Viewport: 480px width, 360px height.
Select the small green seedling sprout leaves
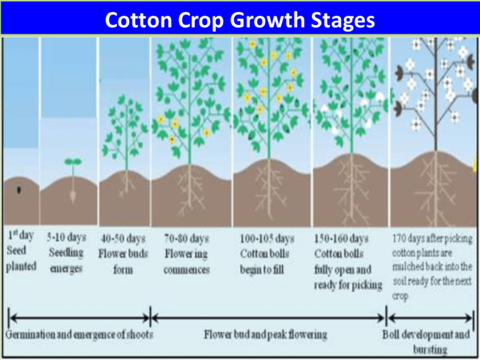[73, 162]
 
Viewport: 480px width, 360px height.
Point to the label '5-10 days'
[66, 238]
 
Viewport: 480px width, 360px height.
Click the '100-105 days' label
[267, 239]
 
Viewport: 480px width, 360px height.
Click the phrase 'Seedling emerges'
[66, 261]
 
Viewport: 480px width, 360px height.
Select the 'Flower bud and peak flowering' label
[266, 334]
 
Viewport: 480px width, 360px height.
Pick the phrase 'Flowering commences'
[186, 262]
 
